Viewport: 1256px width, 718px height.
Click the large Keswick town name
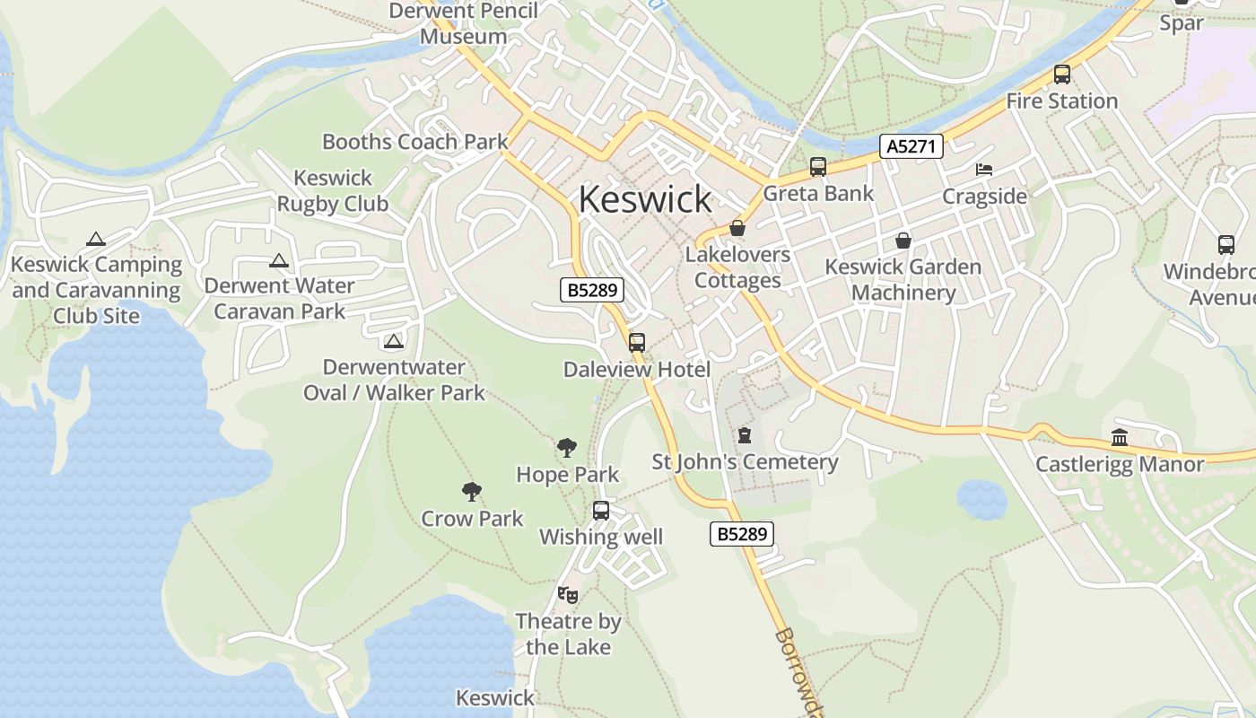tap(645, 198)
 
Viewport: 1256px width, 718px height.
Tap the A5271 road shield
tap(911, 146)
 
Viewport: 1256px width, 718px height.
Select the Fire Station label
tap(1061, 101)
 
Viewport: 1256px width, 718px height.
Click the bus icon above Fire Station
tap(1062, 74)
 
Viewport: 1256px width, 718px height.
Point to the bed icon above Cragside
tap(984, 169)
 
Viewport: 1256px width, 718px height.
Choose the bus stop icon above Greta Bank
tap(817, 166)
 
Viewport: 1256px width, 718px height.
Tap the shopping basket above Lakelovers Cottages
tap(737, 228)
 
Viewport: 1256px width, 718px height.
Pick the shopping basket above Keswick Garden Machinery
tap(903, 241)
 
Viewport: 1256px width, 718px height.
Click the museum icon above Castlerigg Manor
tap(1120, 438)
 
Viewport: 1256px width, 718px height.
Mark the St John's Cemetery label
tap(745, 462)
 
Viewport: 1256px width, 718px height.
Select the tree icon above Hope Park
tap(566, 447)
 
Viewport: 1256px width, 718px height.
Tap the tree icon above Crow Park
tap(472, 491)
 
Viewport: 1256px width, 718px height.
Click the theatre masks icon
tap(567, 594)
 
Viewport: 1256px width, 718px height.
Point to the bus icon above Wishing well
tap(601, 510)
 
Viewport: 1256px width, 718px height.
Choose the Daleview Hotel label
tap(637, 370)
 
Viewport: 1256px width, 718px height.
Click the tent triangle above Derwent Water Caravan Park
tap(279, 260)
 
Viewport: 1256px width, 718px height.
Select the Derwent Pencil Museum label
tap(463, 24)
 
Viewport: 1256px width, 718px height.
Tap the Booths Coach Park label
tap(414, 142)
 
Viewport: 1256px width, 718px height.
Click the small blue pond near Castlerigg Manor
tap(981, 498)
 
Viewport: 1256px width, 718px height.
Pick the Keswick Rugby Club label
tap(333, 191)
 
